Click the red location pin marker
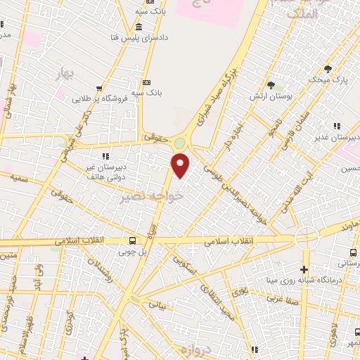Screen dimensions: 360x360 [181, 166]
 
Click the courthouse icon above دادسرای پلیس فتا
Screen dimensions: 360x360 [137, 28]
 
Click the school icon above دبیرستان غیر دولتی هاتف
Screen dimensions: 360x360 [105, 156]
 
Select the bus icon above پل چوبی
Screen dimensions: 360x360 [131, 239]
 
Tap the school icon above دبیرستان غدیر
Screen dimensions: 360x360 [337, 125]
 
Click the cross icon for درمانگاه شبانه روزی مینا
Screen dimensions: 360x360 [304, 269]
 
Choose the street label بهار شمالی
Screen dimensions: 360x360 [11, 94]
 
